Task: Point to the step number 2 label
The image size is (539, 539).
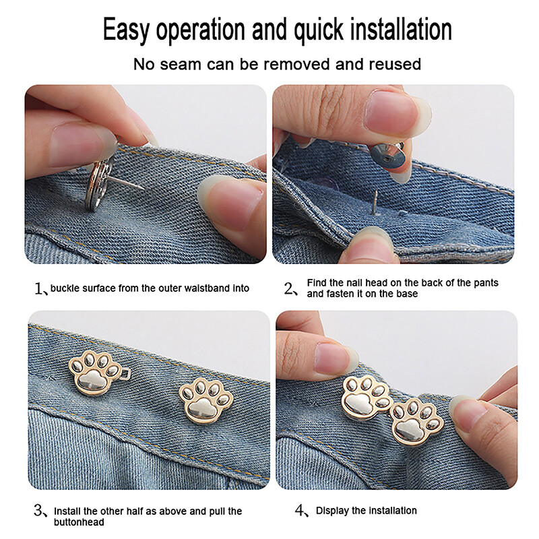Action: (x=290, y=289)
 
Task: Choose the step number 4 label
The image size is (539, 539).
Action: (x=300, y=511)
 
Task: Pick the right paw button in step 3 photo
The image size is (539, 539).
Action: (x=205, y=400)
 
